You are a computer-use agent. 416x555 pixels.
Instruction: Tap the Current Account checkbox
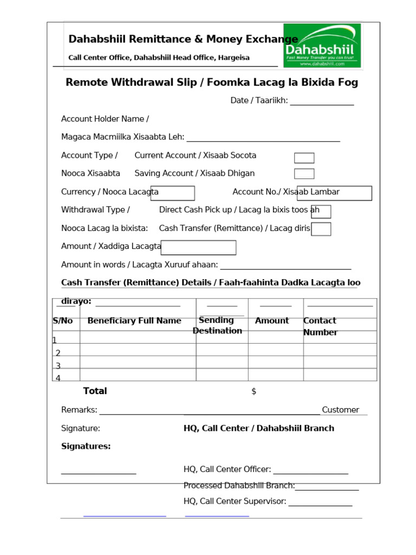point(304,158)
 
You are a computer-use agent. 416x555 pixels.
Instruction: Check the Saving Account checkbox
point(304,173)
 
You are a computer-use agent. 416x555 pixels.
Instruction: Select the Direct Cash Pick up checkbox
point(321,211)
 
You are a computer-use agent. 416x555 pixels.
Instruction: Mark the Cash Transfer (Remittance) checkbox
point(321,229)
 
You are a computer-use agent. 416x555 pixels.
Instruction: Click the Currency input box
point(172,193)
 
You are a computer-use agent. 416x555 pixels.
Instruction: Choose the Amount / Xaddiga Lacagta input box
point(199,247)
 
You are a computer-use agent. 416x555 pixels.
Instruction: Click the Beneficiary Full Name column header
point(134,320)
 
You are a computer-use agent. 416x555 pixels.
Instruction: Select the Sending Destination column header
point(217,325)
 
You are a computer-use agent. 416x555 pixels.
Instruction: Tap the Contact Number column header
point(320,326)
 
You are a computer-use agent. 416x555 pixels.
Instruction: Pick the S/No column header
point(63,320)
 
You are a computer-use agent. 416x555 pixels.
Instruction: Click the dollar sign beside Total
point(253,391)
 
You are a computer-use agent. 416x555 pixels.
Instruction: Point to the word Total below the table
point(95,391)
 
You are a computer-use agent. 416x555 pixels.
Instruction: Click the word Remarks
point(79,410)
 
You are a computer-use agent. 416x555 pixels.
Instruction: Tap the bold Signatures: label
point(86,446)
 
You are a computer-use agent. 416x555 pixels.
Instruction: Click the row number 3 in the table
point(58,366)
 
